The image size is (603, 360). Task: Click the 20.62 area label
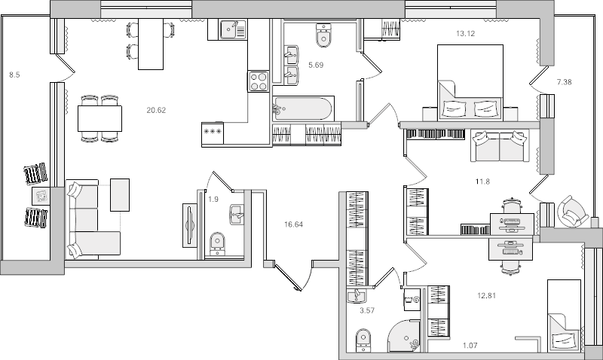point(156,110)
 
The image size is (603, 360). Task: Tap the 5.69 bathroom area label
point(316,65)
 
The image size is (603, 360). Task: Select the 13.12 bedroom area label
point(465,33)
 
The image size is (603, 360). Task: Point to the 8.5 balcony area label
point(14,75)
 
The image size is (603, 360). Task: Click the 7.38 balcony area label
point(564,82)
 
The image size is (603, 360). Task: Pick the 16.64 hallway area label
point(293,224)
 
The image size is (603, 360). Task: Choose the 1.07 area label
point(470,346)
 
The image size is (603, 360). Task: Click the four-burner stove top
point(259,81)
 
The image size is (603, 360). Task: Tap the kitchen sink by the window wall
point(233,29)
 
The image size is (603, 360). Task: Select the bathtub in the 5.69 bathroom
point(304,108)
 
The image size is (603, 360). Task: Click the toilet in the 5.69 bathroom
point(323,35)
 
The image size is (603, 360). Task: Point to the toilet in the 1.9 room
point(217,243)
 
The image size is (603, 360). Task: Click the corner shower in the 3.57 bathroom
point(404,336)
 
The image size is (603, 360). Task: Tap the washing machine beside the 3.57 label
point(412,299)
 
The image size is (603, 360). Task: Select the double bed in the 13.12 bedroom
point(470,83)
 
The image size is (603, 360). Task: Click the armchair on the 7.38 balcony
point(573,211)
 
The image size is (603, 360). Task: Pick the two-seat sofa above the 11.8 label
point(500,146)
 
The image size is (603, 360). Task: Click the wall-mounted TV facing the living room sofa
point(190,225)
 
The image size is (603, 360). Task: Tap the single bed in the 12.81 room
point(564,316)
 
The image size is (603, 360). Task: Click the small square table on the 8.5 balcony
point(41,197)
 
